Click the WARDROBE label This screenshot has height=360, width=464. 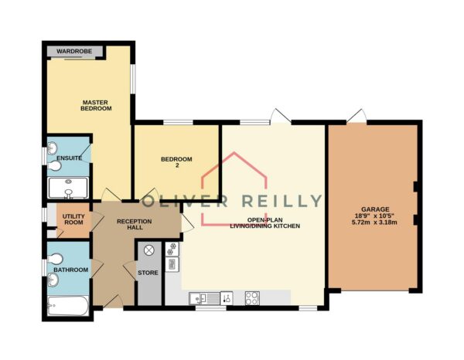coord(74,52)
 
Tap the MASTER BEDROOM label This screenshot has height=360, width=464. coord(96,106)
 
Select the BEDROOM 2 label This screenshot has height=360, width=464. coord(176,162)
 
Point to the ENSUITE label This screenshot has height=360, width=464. coord(70,158)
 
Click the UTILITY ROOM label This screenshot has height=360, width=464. coord(73,219)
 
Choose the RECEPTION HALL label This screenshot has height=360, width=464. coord(135,224)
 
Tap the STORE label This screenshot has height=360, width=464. coord(148,273)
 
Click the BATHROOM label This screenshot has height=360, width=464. coord(71,270)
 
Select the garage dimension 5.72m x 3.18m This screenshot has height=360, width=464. coord(374,222)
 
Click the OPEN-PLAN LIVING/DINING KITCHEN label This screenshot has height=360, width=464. coord(264,223)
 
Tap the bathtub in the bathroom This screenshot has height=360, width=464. coord(68,306)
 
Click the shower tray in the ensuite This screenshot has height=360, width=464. coord(68,188)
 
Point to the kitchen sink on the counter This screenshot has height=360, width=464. coord(204,298)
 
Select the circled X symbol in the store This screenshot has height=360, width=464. coord(149,250)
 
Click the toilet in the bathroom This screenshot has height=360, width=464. coord(55,260)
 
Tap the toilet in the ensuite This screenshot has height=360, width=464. coord(54,166)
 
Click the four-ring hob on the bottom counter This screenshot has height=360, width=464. coord(252,298)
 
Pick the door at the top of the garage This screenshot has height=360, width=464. coord(357,116)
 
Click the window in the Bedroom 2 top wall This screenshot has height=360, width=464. coord(178,122)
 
